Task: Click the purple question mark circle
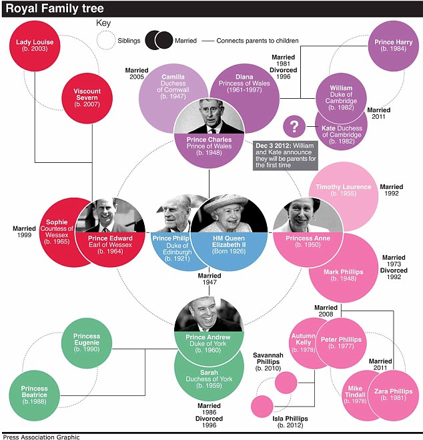point(294,126)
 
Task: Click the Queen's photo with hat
point(229,213)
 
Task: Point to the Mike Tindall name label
point(356,394)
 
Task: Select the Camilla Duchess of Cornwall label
point(172,87)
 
